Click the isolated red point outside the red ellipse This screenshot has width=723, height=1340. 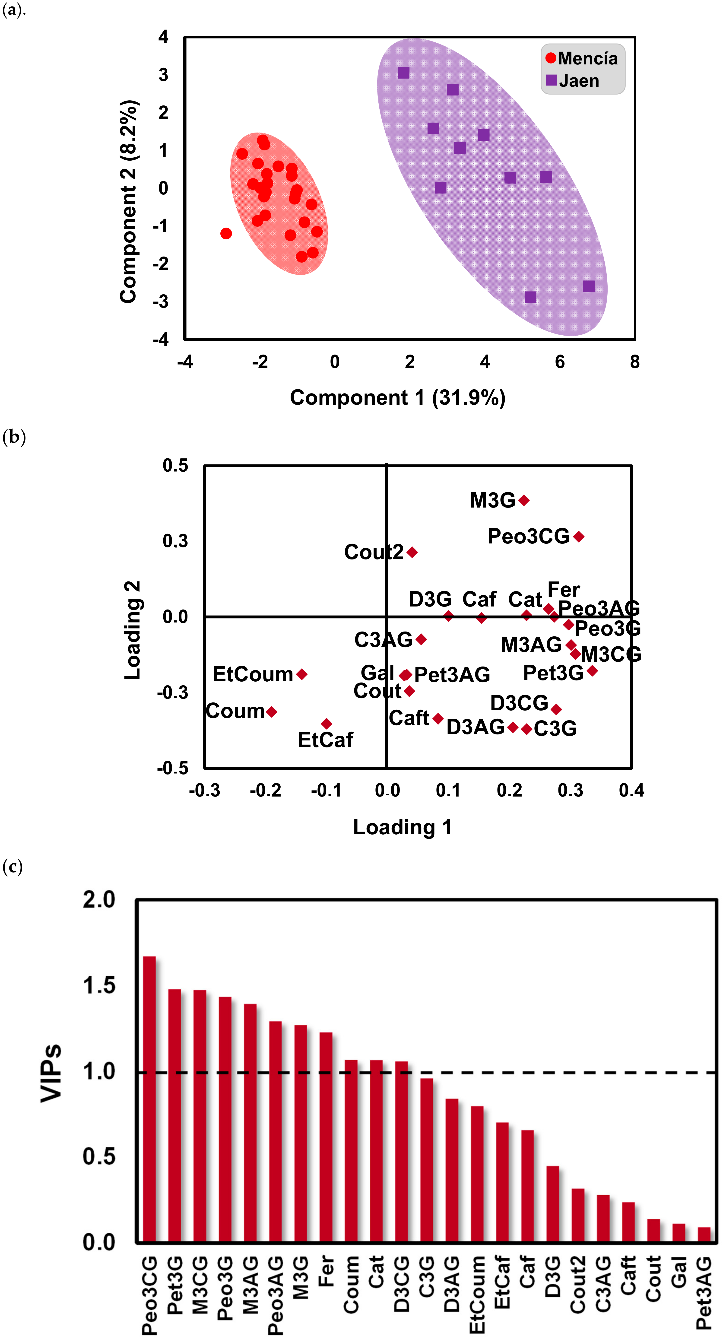point(226,234)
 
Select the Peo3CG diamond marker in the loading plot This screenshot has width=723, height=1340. point(579,536)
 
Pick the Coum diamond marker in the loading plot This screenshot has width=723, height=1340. point(272,712)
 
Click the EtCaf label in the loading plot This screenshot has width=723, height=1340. point(325,740)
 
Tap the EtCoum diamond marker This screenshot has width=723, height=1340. point(302,674)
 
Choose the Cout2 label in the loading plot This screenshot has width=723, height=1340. point(374,552)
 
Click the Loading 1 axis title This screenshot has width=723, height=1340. point(402,827)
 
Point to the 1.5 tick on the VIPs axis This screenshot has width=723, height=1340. point(99,985)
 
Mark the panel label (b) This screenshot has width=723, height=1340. point(14,437)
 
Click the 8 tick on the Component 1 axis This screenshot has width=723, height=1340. point(634,362)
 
